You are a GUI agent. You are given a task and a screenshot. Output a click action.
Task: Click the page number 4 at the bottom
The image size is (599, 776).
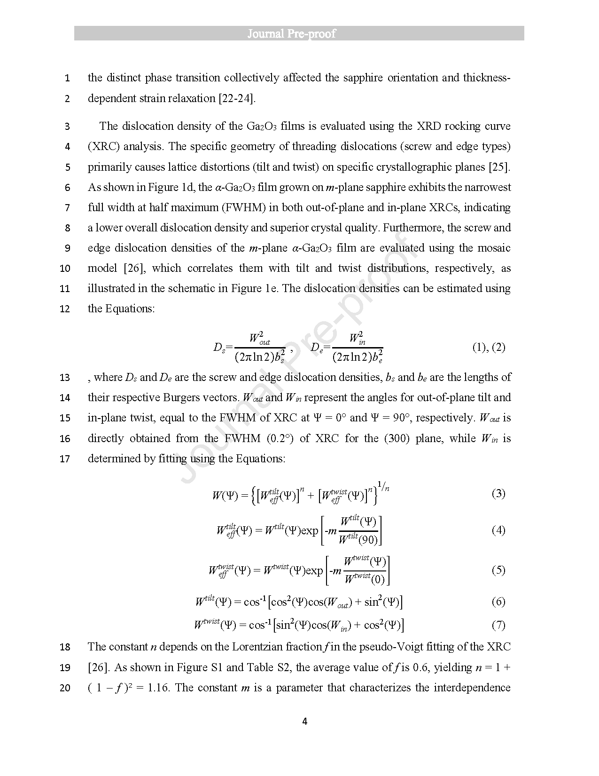pyautogui.click(x=304, y=721)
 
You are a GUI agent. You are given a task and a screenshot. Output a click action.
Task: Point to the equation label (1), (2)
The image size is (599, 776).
pyautogui.click(x=489, y=348)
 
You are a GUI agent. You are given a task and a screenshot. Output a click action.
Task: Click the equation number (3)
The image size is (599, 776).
pyautogui.click(x=498, y=493)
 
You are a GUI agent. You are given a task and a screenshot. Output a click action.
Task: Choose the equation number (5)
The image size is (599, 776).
pyautogui.click(x=498, y=570)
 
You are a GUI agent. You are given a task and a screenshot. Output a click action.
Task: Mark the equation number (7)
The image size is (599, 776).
pyautogui.click(x=498, y=625)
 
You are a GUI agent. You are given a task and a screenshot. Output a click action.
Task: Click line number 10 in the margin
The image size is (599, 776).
pyautogui.click(x=65, y=269)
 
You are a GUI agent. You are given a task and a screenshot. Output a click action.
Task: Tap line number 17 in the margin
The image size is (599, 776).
pyautogui.click(x=65, y=459)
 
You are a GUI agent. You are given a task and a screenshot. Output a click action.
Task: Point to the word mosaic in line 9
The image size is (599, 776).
pyautogui.click(x=494, y=248)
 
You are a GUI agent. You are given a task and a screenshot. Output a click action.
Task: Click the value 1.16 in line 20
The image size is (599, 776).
pyautogui.click(x=158, y=688)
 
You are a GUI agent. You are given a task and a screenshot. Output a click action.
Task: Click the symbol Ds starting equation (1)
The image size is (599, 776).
pyautogui.click(x=219, y=348)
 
